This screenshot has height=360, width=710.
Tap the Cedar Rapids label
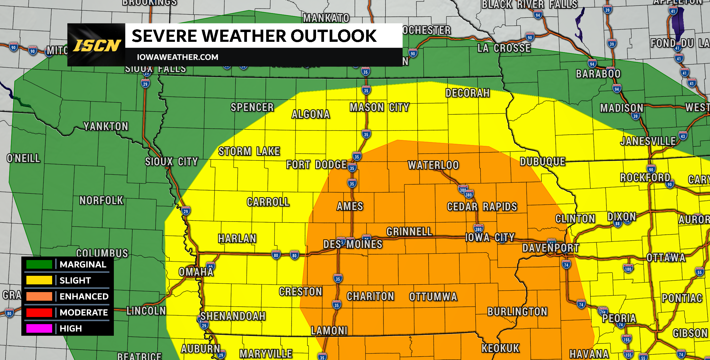[482, 207]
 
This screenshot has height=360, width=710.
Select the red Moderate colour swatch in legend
[39, 312]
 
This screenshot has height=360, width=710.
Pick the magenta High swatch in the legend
[39, 328]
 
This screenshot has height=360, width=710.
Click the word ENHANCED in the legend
[84, 296]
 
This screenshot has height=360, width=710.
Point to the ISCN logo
[97, 45]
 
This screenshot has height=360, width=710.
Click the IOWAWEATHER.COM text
[177, 57]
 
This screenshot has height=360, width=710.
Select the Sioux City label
[171, 162]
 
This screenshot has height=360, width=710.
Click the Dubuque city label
[543, 162]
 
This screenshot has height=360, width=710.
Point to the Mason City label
[379, 107]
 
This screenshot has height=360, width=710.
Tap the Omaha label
[196, 272]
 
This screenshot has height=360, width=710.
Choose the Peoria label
[619, 318]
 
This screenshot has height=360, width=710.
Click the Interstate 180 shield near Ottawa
[628, 269]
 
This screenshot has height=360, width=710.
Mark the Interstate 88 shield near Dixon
[618, 224]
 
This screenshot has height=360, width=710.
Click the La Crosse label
[504, 48]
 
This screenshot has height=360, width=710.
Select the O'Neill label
[23, 158]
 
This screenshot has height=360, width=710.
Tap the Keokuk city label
[500, 348]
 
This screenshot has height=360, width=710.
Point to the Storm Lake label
[249, 151]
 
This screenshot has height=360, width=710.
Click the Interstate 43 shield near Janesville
[683, 136]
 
